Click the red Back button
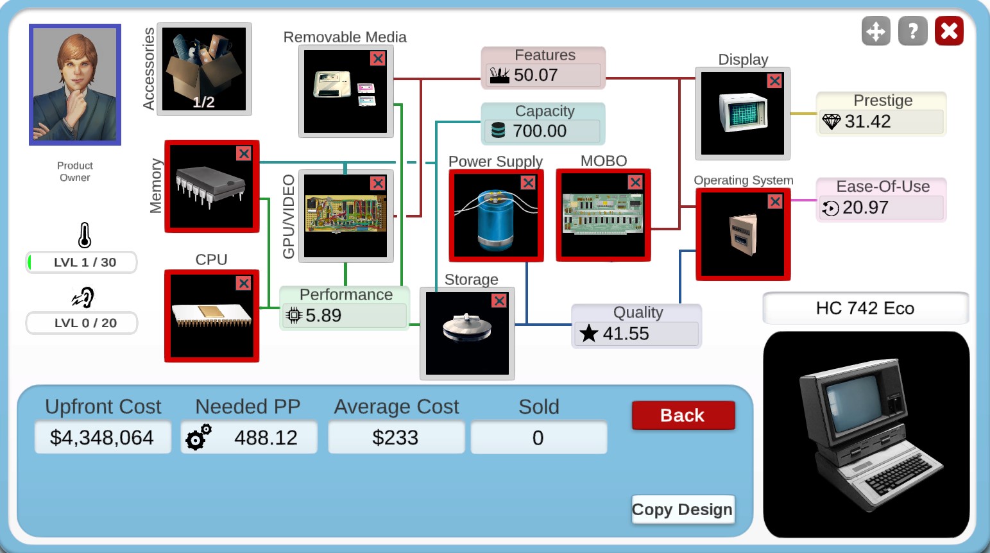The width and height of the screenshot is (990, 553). [x=683, y=415]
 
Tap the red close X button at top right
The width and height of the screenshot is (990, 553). [x=949, y=31]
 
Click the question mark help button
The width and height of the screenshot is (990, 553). [x=912, y=31]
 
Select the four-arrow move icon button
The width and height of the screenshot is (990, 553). [x=876, y=31]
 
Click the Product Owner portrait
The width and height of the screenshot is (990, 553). [x=75, y=85]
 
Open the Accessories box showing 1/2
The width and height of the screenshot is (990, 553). [x=204, y=69]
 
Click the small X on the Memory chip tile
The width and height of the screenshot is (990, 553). [x=244, y=153]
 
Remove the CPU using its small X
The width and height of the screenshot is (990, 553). [x=244, y=283]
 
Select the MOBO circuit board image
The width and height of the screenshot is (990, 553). [x=603, y=215]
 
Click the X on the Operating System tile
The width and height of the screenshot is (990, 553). [x=775, y=201]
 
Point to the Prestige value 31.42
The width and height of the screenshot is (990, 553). [x=867, y=121]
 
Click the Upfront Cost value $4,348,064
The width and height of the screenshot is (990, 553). [x=102, y=438]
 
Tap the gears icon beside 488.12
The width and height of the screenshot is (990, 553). [x=198, y=437]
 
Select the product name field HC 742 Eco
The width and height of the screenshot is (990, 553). [x=865, y=309]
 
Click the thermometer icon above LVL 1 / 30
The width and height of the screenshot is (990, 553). [x=85, y=235]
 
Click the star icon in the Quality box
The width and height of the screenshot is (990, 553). [x=588, y=334]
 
